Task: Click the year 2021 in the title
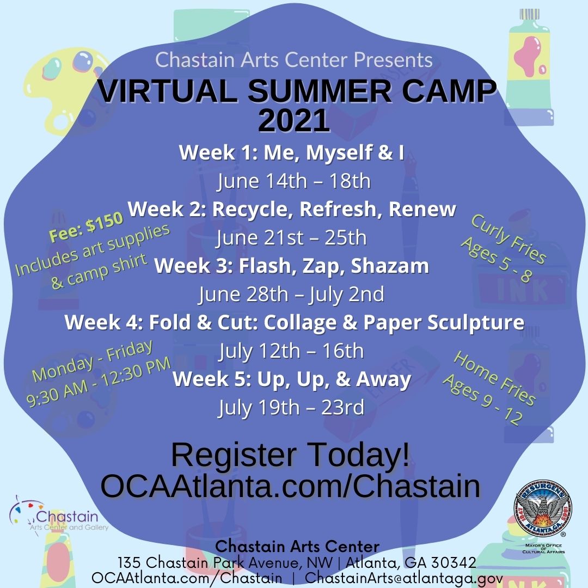coord(294,121)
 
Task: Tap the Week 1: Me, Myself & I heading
coord(292,153)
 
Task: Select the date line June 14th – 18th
coord(294,181)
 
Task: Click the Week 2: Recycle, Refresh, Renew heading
coord(292,209)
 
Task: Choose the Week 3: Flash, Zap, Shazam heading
coord(292,266)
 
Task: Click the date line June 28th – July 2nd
coord(292,295)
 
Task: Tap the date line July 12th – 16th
coord(292,351)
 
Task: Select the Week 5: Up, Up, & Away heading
coord(292,379)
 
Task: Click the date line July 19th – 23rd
coord(292,408)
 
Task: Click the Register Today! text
coord(291,456)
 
